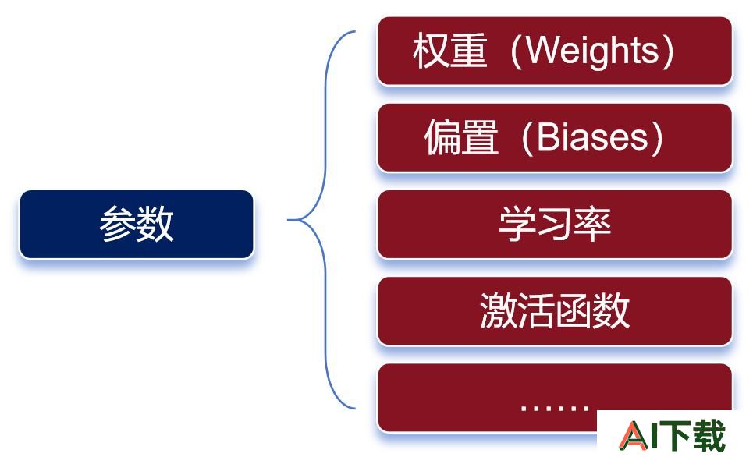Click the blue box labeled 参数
(137, 224)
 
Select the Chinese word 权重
(449, 51)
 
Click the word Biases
(592, 137)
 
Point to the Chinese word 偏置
(461, 137)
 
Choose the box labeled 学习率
(555, 224)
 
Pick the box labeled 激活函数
(555, 311)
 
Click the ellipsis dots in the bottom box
(555, 409)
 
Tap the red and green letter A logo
(634, 435)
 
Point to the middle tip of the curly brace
(288, 220)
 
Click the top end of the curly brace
(355, 32)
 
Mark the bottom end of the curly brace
(355, 409)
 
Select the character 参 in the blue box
(118, 224)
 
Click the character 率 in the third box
(592, 224)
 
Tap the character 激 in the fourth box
(499, 310)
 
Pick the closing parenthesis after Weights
(667, 51)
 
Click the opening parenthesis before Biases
(527, 138)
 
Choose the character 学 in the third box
(517, 224)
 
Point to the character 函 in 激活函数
(574, 310)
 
